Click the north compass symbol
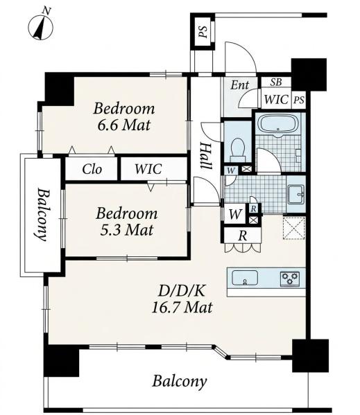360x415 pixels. (x=40, y=26)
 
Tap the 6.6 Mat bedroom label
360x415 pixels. (x=124, y=116)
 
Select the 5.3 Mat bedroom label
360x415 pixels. (x=127, y=221)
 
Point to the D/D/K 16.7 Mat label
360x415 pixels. (x=182, y=299)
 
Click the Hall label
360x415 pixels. (x=206, y=156)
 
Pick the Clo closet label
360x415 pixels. (x=92, y=169)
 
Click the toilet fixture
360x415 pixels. (x=237, y=150)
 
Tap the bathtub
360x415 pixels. (x=278, y=125)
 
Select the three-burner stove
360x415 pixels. (x=290, y=279)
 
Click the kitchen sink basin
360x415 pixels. (x=244, y=278)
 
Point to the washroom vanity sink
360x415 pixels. (x=296, y=195)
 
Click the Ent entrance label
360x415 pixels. (x=240, y=85)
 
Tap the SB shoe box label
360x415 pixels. (x=276, y=82)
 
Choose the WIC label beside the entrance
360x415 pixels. (x=276, y=100)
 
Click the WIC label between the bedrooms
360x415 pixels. (x=148, y=169)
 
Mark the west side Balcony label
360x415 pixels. (x=42, y=214)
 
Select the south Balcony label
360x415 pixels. (x=180, y=382)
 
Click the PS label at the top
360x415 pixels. (x=203, y=32)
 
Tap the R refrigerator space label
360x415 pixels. (x=243, y=236)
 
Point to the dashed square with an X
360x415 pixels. (x=294, y=228)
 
